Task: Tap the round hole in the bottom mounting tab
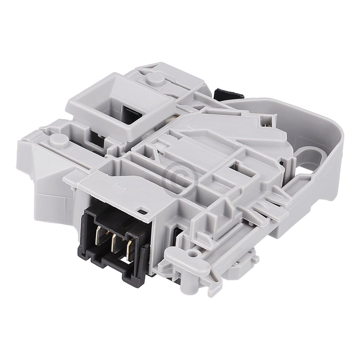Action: (x=194, y=254)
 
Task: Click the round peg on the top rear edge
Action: (x=155, y=78)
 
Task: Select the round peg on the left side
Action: (x=59, y=139)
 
